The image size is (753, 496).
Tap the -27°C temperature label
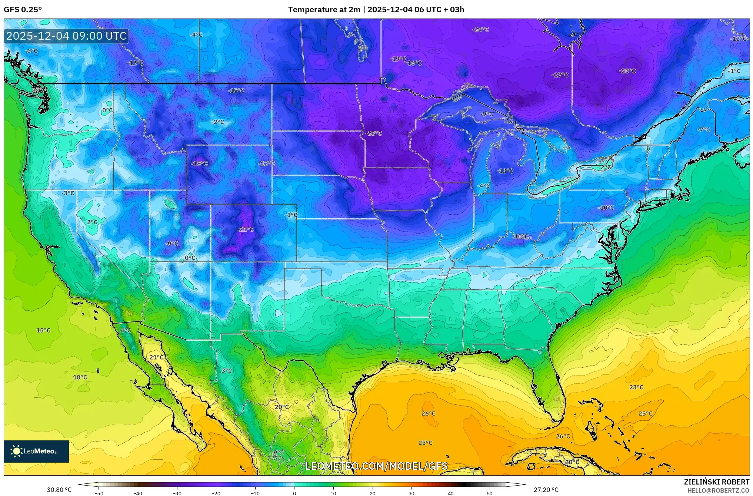(x=560, y=75)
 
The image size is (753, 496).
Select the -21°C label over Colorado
(x=245, y=229)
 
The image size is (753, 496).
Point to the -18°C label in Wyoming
(x=199, y=163)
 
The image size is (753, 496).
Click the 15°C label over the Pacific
(x=43, y=330)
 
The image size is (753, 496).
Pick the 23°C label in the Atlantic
(x=636, y=387)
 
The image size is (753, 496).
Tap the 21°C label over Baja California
(x=156, y=357)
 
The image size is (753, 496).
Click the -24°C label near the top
(x=480, y=29)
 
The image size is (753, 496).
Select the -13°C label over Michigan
(x=505, y=171)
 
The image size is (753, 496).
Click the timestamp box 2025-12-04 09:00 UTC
(x=67, y=36)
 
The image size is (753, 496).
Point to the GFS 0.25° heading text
(x=23, y=10)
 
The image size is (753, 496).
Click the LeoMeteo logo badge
(x=36, y=451)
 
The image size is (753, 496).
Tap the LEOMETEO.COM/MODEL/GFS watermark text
(x=376, y=466)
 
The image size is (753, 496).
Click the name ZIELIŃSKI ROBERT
(x=716, y=482)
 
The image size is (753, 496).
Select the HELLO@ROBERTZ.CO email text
(x=718, y=490)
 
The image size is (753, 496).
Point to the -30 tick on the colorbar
(x=177, y=493)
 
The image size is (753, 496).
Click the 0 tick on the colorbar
(x=294, y=493)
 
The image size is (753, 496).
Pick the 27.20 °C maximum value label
(x=546, y=490)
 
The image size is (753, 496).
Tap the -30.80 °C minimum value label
(x=58, y=490)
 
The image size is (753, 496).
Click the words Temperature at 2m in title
(x=324, y=10)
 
